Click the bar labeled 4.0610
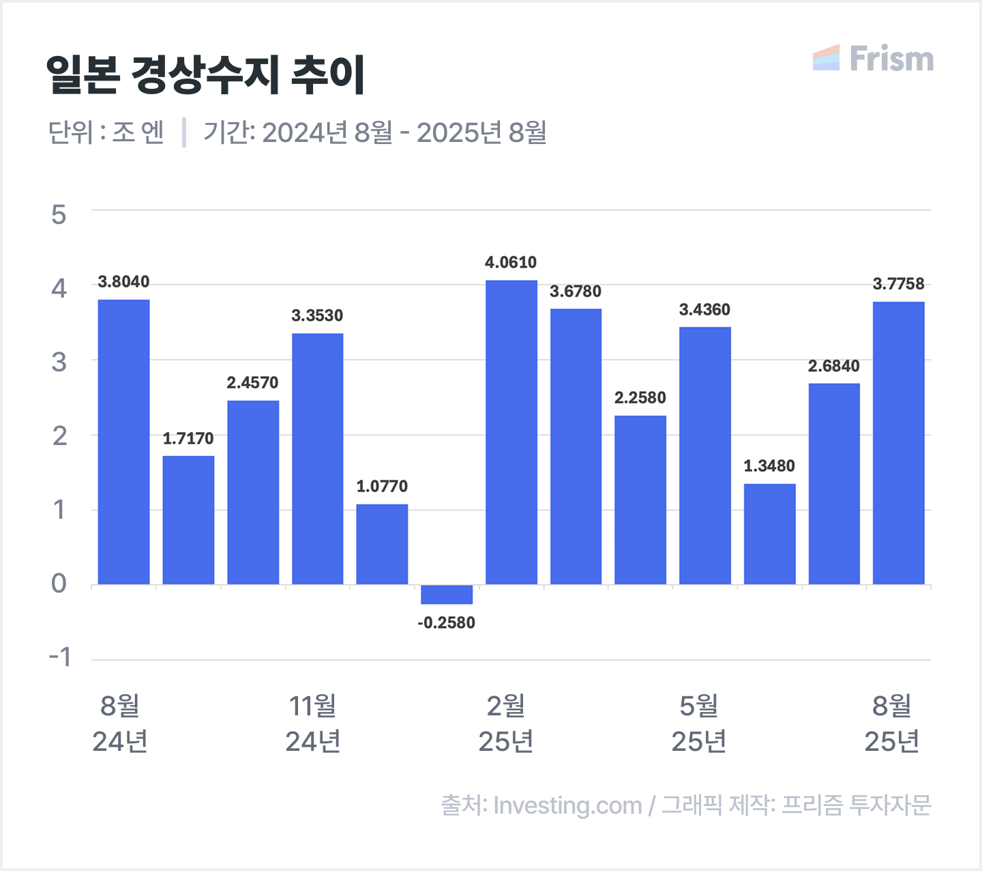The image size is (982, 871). point(511,432)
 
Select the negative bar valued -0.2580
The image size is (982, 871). point(447,595)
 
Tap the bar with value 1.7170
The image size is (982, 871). point(188,520)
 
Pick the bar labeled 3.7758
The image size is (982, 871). point(898,443)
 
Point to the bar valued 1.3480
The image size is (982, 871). point(769,534)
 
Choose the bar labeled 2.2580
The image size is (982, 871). point(640,500)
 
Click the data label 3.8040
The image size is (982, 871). point(123,282)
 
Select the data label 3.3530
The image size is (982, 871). point(317,315)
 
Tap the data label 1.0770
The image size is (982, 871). point(382,486)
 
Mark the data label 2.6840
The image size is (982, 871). point(833,366)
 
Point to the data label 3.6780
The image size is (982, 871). point(576,291)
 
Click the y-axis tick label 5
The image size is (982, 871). point(59,215)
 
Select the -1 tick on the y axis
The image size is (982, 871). point(60,657)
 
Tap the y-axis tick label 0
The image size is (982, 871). point(59,584)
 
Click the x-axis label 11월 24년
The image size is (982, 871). point(313,724)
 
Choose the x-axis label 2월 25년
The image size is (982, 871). point(506,724)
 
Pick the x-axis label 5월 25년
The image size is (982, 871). point(699,724)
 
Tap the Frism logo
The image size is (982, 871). point(873,59)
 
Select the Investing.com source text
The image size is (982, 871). point(567,805)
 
